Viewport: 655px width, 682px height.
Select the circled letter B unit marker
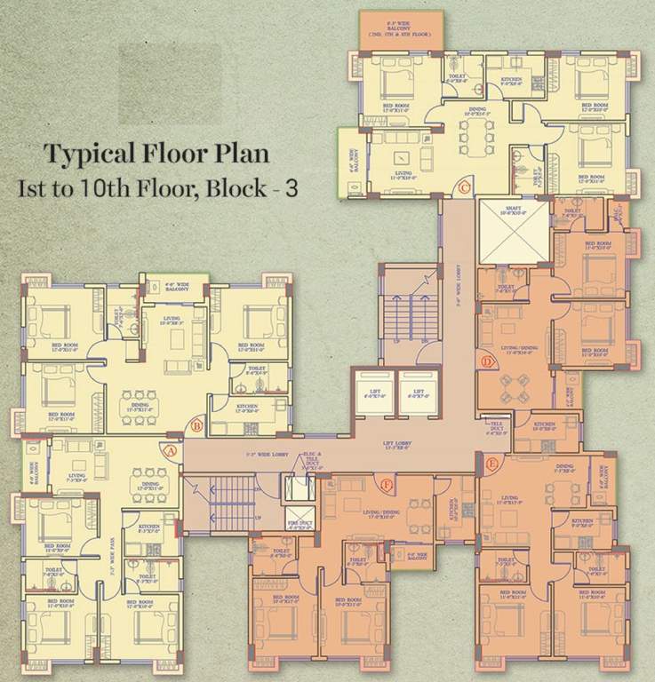[197, 425]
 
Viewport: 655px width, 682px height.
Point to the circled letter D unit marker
[487, 361]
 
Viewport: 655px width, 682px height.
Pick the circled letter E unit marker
[492, 463]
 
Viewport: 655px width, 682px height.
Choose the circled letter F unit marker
[386, 485]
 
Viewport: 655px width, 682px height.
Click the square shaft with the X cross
[513, 233]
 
